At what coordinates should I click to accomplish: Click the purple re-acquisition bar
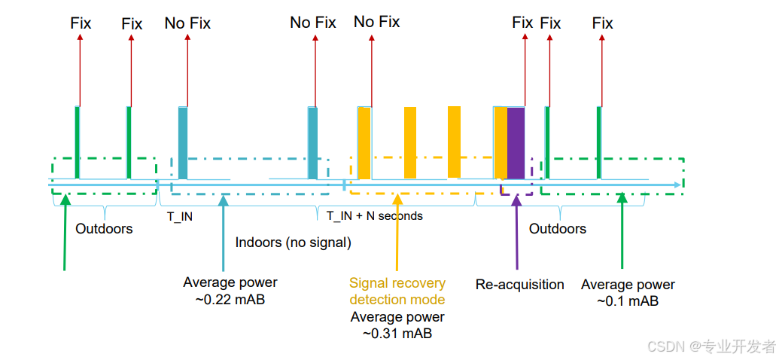(x=516, y=143)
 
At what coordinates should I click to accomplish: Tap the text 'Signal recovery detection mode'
(x=397, y=292)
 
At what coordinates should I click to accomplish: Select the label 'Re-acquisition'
(x=519, y=285)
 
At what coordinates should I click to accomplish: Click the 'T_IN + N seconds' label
(x=375, y=216)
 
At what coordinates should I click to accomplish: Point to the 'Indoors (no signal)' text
(x=294, y=243)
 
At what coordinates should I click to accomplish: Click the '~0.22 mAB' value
(x=230, y=299)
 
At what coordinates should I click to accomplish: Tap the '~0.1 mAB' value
(x=628, y=301)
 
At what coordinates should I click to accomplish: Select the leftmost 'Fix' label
(x=81, y=23)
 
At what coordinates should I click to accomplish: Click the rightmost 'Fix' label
(x=602, y=23)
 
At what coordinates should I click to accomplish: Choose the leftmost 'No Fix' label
(x=187, y=23)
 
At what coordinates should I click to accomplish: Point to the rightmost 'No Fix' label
(x=376, y=22)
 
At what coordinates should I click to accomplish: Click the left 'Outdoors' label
(x=104, y=229)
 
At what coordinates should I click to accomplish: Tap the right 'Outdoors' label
(x=558, y=229)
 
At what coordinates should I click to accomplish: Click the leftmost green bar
(x=77, y=143)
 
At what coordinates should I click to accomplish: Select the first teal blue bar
(x=182, y=143)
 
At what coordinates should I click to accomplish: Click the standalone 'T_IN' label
(x=179, y=216)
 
